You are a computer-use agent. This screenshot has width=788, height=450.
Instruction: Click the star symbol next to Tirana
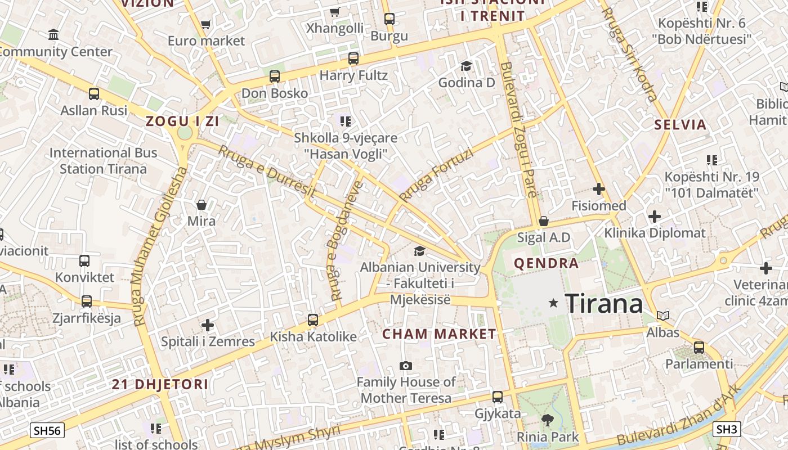pos(554,303)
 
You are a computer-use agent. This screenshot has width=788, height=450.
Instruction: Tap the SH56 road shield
pos(47,431)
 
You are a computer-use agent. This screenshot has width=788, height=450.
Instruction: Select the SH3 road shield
pos(726,429)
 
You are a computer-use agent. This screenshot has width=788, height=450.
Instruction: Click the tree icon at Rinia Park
pos(547,420)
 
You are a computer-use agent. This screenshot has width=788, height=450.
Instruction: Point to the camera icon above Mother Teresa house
pos(406,366)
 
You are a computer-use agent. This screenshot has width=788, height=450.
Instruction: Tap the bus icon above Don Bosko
pos(275,76)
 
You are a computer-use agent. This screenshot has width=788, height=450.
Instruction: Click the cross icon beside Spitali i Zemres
pos(208,325)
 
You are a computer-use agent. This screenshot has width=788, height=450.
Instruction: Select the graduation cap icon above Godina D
pos(466,66)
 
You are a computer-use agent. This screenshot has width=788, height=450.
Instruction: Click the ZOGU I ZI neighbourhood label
pos(182,120)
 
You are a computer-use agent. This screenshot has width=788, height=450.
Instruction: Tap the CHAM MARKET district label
pos(439,334)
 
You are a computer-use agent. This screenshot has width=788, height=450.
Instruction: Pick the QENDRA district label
pos(547,263)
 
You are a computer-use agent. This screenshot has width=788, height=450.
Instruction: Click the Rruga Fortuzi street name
pos(436,175)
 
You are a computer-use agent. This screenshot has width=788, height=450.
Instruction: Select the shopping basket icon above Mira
pos(202,205)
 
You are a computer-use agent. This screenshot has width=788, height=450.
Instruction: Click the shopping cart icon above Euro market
pos(206,24)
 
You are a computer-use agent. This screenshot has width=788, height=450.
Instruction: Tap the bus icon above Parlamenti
pos(699,347)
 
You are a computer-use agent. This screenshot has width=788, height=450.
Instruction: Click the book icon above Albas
pos(664,316)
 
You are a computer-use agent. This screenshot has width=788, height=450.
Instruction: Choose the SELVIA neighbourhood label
pos(680,125)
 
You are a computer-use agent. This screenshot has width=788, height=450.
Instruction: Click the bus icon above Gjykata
pos(498,397)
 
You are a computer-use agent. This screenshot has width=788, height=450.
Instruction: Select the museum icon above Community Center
pos(53,35)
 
